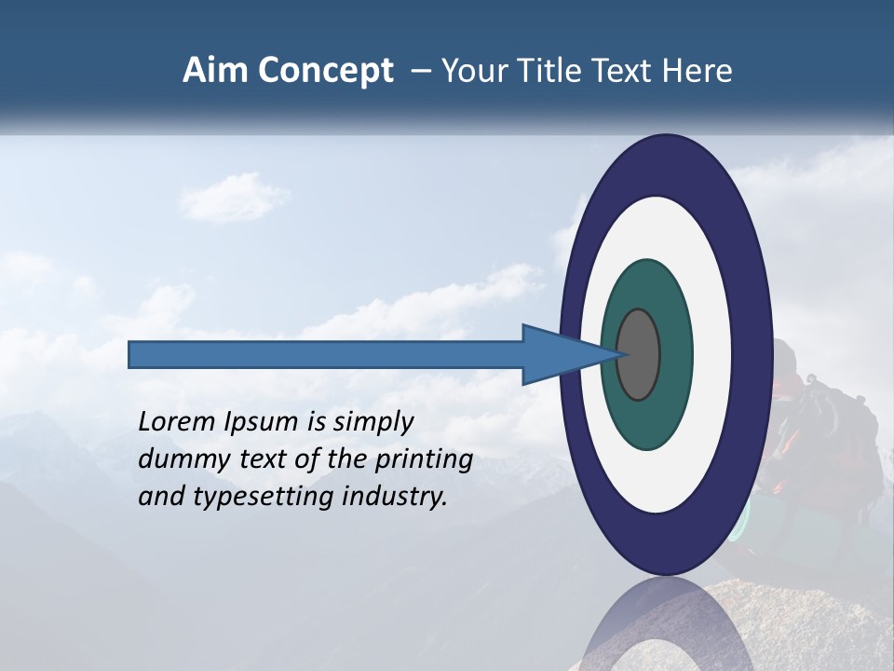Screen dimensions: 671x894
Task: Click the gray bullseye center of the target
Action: point(639,354)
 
